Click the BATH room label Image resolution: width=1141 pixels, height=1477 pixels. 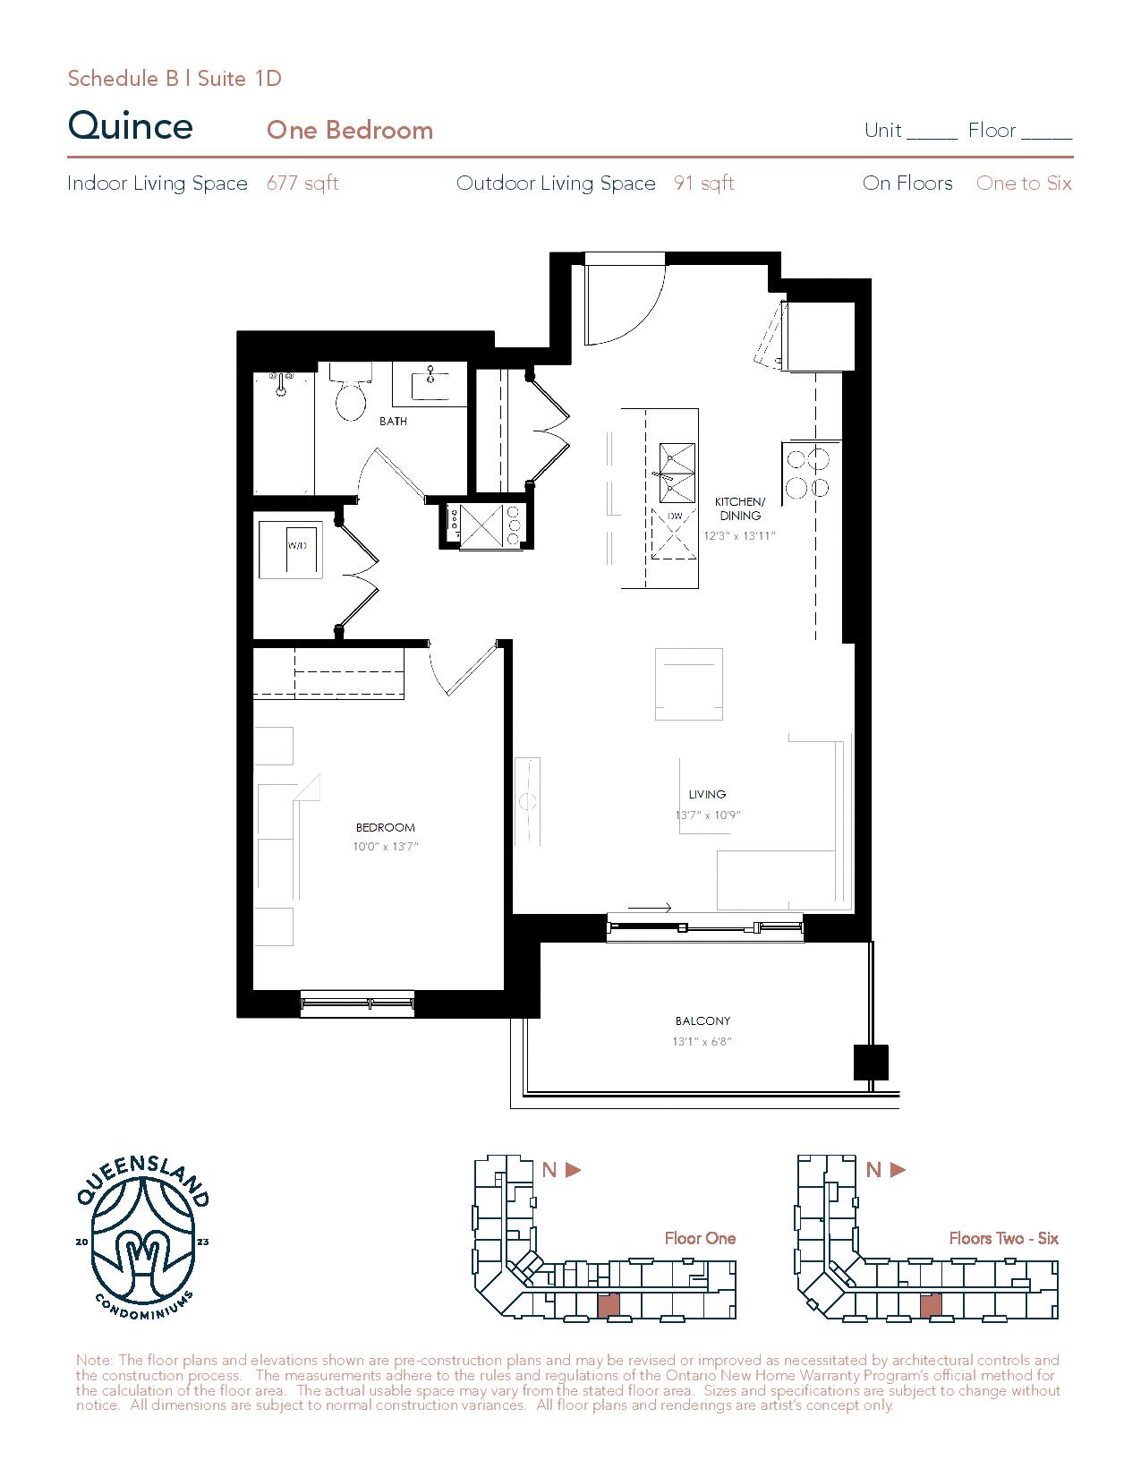point(393,422)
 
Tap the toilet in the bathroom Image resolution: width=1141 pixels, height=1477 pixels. point(351,393)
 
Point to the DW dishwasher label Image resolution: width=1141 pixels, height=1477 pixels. point(674,517)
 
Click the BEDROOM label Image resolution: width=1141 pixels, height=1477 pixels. point(386,827)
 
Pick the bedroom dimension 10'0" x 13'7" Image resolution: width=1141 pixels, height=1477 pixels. point(386,846)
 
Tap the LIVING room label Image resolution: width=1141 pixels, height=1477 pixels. point(707,794)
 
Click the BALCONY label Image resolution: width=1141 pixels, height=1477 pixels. point(702,1020)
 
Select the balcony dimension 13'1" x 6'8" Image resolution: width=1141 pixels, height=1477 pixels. point(702,1041)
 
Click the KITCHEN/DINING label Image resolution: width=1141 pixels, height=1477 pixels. point(740,508)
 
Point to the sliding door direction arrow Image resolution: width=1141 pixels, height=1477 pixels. point(649,908)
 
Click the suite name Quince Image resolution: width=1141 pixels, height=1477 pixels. point(131,126)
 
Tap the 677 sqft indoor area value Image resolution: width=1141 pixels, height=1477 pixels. point(302,183)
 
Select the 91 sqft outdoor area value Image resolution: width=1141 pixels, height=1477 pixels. point(704,183)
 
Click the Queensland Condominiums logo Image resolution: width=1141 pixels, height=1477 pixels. point(142,1238)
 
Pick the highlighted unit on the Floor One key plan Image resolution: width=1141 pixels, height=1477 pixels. point(609,1305)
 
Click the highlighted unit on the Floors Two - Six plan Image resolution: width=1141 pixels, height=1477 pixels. point(931,1305)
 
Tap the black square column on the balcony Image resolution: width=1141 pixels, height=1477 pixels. point(871,1063)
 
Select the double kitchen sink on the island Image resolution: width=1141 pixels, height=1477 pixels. point(677,473)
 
